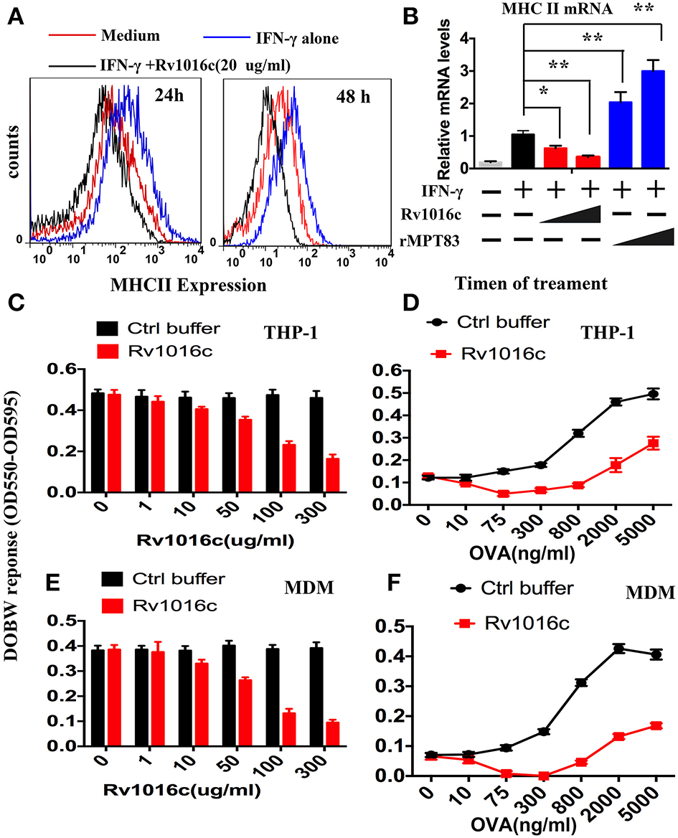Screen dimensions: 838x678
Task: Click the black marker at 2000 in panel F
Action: tap(618, 649)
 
